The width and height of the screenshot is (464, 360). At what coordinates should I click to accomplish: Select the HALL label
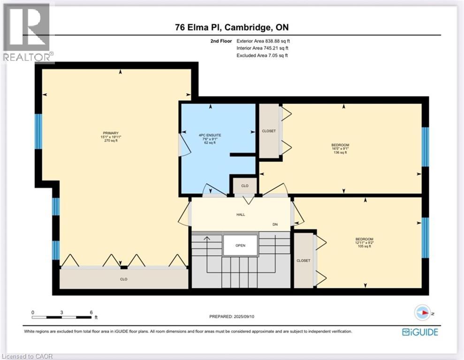(240, 215)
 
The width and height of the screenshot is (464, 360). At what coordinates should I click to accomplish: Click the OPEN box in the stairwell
(240, 245)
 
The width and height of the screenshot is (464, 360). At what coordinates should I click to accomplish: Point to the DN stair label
(275, 225)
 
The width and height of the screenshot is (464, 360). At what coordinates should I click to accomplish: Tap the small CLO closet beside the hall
(244, 186)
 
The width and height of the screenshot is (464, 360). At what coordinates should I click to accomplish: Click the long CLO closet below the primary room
(123, 279)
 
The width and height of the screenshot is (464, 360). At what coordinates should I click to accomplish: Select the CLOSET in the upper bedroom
(269, 131)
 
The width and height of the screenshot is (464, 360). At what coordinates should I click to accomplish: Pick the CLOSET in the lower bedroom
(303, 261)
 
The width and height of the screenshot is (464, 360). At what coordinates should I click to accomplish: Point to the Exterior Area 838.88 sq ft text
(266, 41)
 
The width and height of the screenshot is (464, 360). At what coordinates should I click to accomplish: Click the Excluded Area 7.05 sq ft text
(263, 55)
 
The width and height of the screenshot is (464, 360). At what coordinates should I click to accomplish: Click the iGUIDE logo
(420, 332)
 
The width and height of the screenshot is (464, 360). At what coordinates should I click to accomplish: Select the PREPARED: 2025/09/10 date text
(232, 316)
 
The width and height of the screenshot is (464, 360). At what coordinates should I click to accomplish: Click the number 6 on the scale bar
(91, 312)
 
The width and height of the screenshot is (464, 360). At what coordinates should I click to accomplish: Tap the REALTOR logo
(27, 33)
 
